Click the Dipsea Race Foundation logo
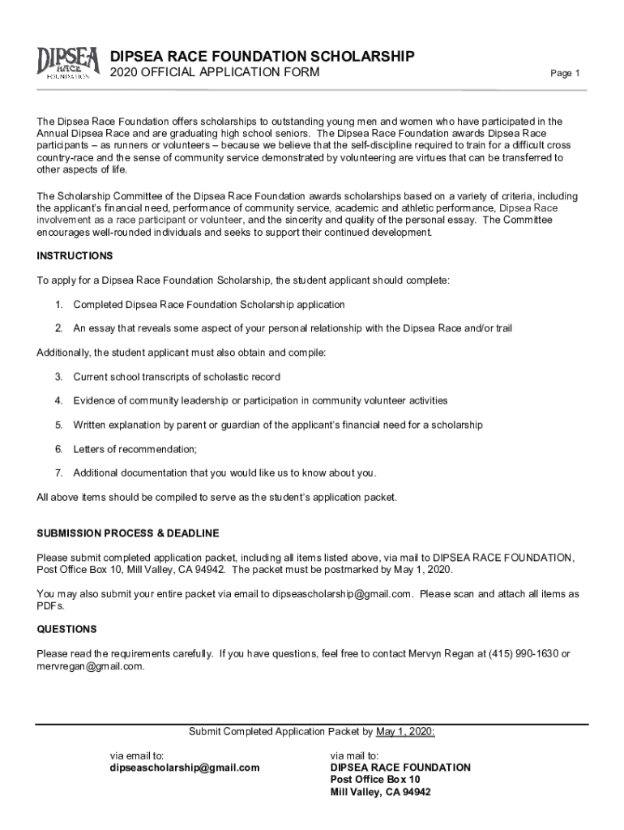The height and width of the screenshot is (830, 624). point(68,63)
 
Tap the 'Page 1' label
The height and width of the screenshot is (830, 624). point(565,74)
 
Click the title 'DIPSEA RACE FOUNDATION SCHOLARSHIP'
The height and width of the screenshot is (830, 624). point(263,56)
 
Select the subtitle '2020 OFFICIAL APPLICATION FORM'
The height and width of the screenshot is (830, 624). point(215,74)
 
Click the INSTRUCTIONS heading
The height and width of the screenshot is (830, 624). point(75,256)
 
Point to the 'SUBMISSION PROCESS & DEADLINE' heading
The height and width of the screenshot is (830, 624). point(128,533)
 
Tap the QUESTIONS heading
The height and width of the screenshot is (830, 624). point(66,629)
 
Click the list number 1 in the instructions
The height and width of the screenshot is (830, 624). point(58,305)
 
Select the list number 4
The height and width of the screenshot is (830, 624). point(58,401)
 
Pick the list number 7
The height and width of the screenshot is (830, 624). point(58,473)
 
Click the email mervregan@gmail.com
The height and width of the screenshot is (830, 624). point(90,666)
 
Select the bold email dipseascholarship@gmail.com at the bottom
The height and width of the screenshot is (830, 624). point(185,768)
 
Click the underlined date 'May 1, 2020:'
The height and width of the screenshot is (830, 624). point(405,731)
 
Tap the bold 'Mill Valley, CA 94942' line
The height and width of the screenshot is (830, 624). point(380,792)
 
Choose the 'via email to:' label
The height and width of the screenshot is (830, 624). point(138,755)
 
